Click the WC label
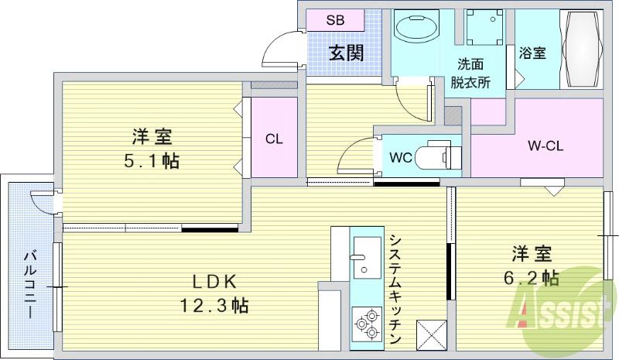(400, 156)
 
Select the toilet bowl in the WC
(437, 156)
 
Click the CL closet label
(274, 139)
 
